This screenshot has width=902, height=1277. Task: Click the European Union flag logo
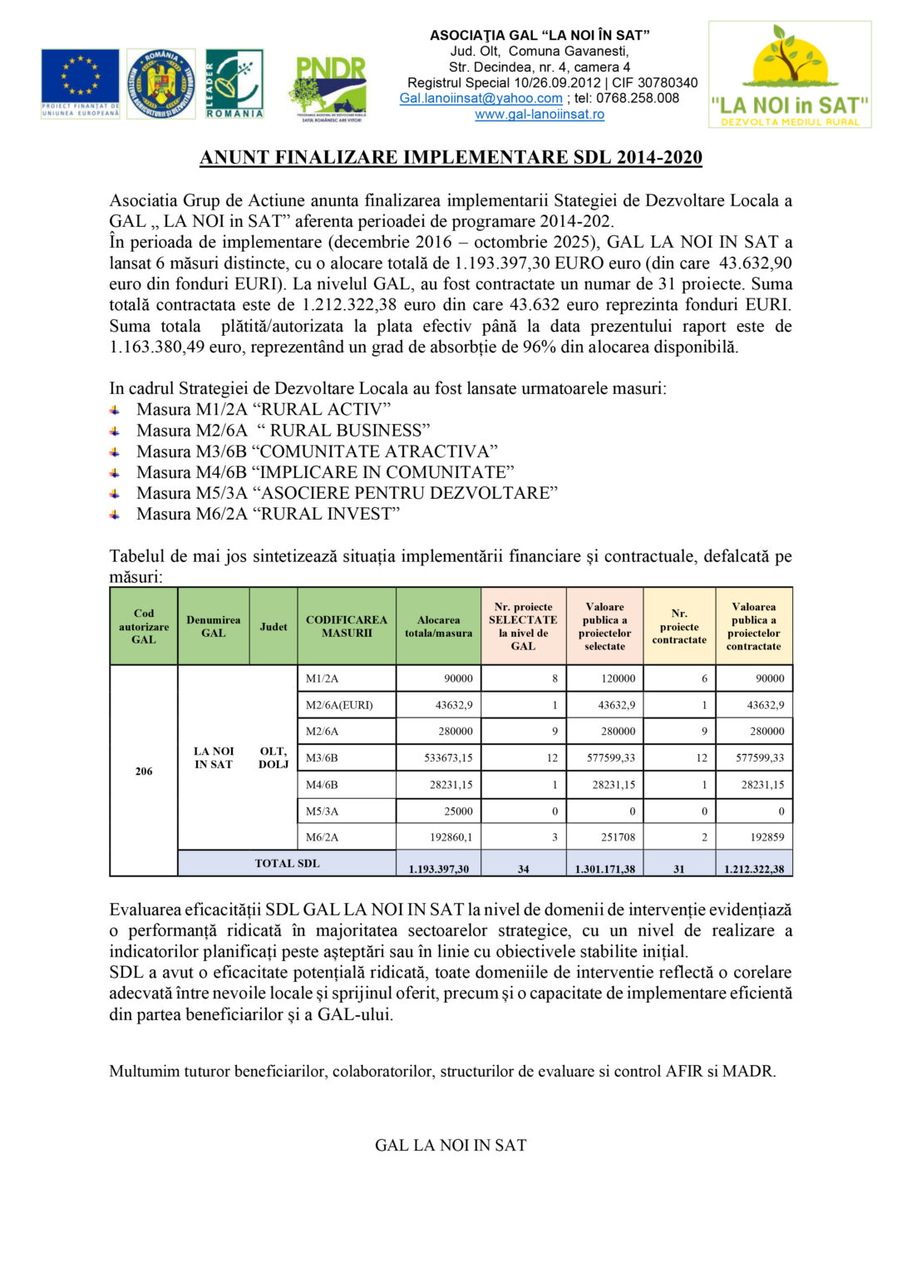pyautogui.click(x=80, y=83)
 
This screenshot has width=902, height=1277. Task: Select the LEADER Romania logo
pyautogui.click(x=234, y=83)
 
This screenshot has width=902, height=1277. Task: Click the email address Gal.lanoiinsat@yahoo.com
pyautogui.click(x=481, y=98)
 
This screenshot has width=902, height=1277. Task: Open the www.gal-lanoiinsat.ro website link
pyautogui.click(x=540, y=115)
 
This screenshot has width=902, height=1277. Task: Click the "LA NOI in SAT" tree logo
pyautogui.click(x=789, y=75)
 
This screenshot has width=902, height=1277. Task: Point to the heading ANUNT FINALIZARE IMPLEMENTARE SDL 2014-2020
pyautogui.click(x=451, y=158)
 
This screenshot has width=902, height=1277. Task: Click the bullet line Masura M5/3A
pyautogui.click(x=347, y=493)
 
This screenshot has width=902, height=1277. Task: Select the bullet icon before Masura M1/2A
pyautogui.click(x=116, y=410)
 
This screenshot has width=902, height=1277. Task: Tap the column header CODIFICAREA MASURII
pyautogui.click(x=346, y=627)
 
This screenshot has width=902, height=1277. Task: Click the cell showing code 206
pyautogui.click(x=144, y=772)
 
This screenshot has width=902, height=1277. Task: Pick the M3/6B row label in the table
pyautogui.click(x=322, y=758)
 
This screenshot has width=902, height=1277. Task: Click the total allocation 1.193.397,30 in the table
pyautogui.click(x=439, y=869)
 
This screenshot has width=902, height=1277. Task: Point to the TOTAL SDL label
pyautogui.click(x=287, y=864)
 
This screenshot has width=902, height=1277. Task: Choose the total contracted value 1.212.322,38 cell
pyautogui.click(x=754, y=869)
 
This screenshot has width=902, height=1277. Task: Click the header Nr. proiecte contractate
pyautogui.click(x=679, y=627)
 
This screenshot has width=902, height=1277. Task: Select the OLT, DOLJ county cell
pyautogui.click(x=273, y=758)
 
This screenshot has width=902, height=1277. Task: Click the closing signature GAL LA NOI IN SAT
pyautogui.click(x=451, y=1146)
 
